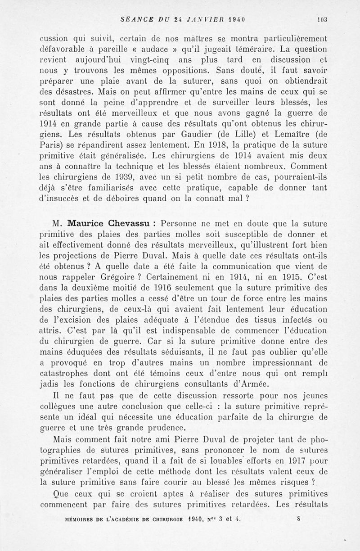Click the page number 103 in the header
click(321, 19)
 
